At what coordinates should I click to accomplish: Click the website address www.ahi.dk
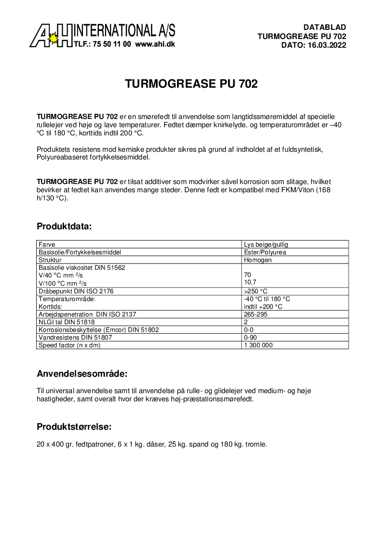pyautogui.click(x=155, y=44)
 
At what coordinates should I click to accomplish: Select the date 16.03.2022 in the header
pyautogui.click(x=327, y=45)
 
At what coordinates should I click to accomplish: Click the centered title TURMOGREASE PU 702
pyautogui.click(x=191, y=84)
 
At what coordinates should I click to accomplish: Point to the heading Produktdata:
pyautogui.click(x=64, y=226)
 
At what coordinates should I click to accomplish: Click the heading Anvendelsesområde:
pyautogui.click(x=82, y=374)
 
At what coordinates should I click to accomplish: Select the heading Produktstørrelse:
pyautogui.click(x=74, y=427)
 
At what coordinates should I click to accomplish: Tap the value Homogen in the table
pyautogui.click(x=258, y=260)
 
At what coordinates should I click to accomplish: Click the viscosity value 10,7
pyautogui.click(x=250, y=283)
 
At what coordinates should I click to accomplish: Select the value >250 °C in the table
pyautogui.click(x=256, y=291)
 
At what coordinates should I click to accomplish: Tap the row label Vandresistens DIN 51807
pyautogui.click(x=72, y=337)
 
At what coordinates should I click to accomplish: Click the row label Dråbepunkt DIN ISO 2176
pyautogui.click(x=76, y=291)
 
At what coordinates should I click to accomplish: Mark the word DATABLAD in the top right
pyautogui.click(x=325, y=27)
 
